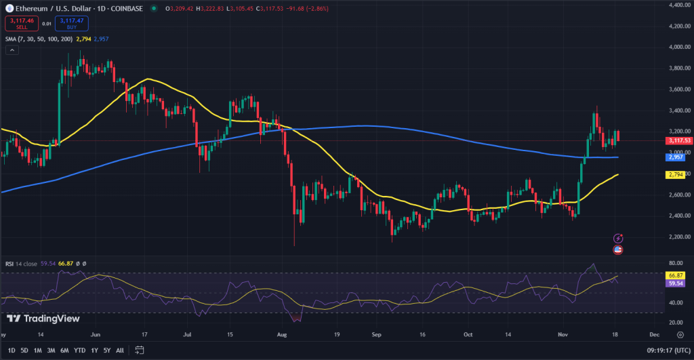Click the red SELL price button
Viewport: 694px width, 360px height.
(x=21, y=24)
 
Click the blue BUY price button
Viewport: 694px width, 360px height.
(x=72, y=24)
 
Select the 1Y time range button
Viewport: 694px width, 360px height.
(x=94, y=350)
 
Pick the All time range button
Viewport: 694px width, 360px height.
(x=120, y=350)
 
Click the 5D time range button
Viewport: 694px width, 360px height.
(x=24, y=350)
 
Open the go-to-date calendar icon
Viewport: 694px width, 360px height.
(x=139, y=350)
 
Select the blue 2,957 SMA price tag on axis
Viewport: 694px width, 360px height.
(x=674, y=157)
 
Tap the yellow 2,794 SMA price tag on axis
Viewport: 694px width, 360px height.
(x=674, y=174)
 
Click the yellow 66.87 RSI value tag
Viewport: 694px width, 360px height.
(x=674, y=276)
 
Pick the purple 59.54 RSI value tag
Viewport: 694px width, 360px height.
(x=674, y=283)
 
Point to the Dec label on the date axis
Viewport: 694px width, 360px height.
(x=654, y=334)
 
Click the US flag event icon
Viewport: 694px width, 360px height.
(x=618, y=249)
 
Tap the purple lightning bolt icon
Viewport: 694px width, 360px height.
(x=618, y=238)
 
